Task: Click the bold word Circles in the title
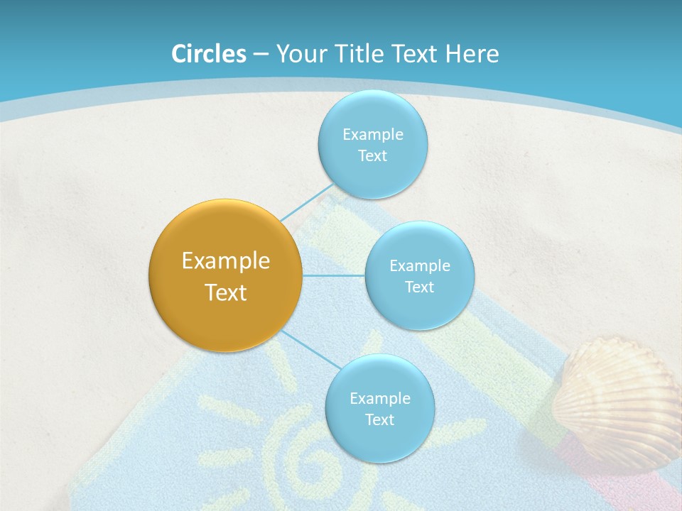[209, 54]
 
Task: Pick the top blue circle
[372, 114]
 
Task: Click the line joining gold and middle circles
[334, 275]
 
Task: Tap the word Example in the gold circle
[226, 261]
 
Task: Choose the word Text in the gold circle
[226, 292]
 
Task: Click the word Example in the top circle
[372, 134]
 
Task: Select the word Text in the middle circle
[419, 287]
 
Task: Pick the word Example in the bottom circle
[379, 398]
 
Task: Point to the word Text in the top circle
[372, 156]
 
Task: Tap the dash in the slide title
[261, 55]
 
